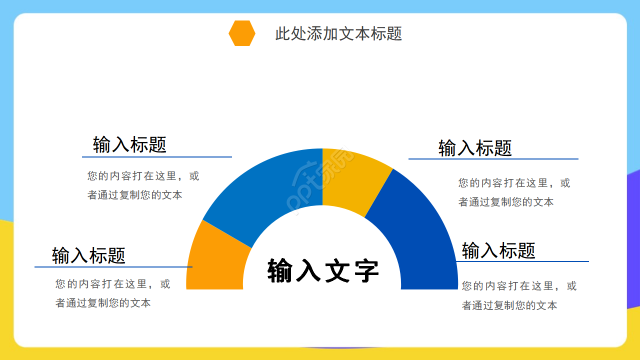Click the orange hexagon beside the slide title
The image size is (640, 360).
pyautogui.click(x=242, y=33)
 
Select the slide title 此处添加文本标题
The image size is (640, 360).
pyautogui.click(x=338, y=33)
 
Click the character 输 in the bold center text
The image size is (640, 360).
pyautogui.click(x=280, y=270)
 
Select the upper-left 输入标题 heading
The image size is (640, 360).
pyautogui.click(x=129, y=145)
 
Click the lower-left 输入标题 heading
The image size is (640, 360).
pyautogui.click(x=88, y=255)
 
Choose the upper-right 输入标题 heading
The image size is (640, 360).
pyautogui.click(x=475, y=148)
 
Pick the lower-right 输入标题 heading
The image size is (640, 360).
pyautogui.click(x=498, y=250)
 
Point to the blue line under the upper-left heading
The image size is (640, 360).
pyautogui.click(x=156, y=157)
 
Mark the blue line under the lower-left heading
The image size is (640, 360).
pyautogui.click(x=113, y=267)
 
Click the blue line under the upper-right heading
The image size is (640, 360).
pyautogui.click(x=493, y=159)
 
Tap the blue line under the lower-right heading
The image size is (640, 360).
pyautogui.click(x=522, y=261)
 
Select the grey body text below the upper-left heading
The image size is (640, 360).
pyautogui.click(x=143, y=185)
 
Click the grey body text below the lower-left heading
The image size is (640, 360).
pyautogui.click(x=112, y=293)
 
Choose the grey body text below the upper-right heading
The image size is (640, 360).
pyautogui.click(x=514, y=192)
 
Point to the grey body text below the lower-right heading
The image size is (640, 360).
pyautogui.click(x=519, y=295)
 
